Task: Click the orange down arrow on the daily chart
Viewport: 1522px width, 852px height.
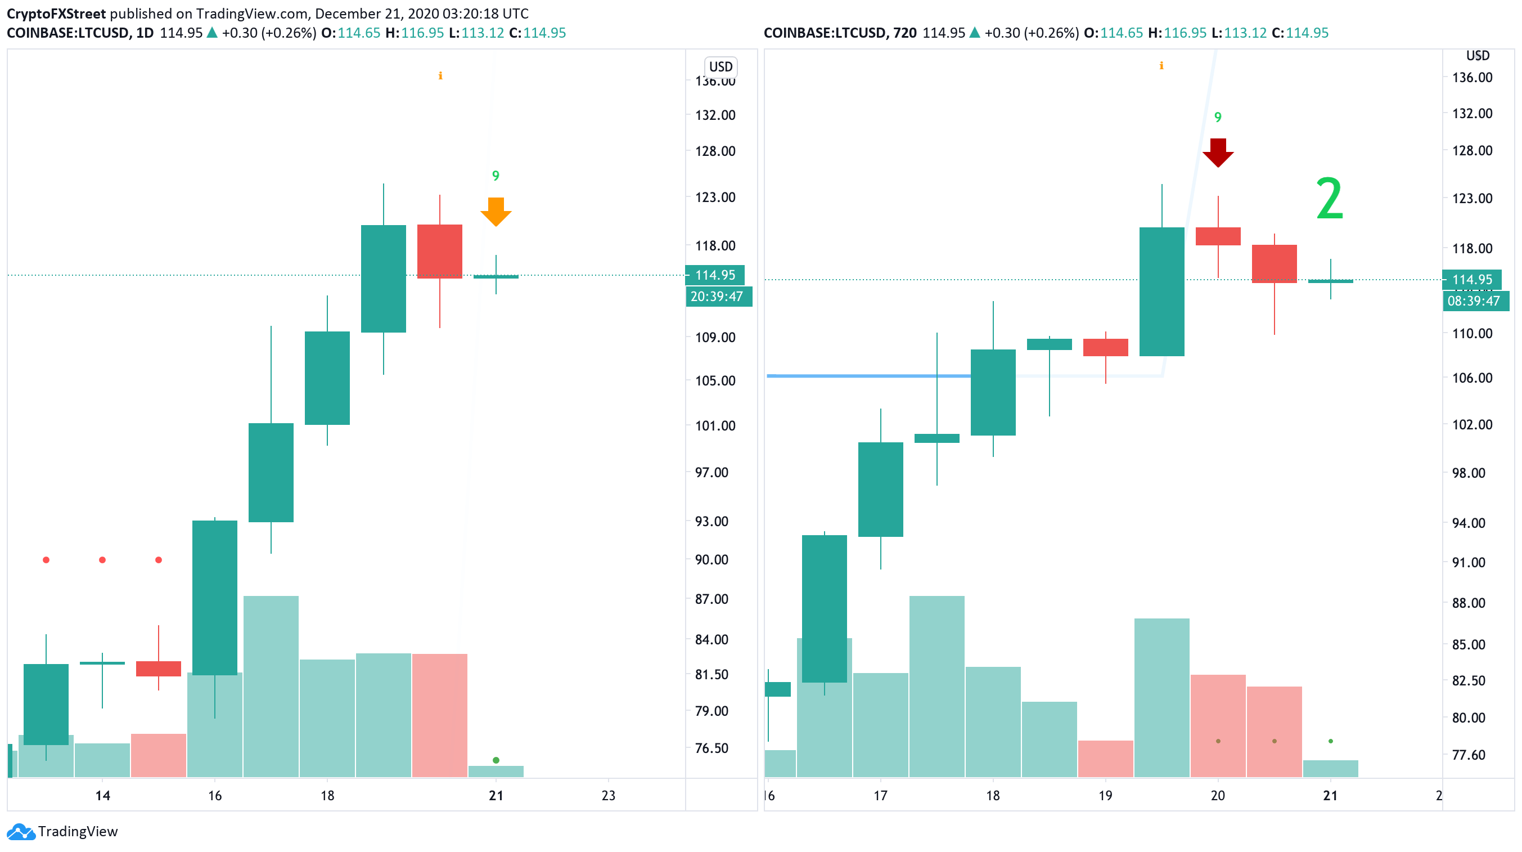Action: pyautogui.click(x=496, y=212)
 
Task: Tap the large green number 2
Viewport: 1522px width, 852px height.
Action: pyautogui.click(x=1330, y=199)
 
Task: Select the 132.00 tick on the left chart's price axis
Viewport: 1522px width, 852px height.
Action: pyautogui.click(x=715, y=115)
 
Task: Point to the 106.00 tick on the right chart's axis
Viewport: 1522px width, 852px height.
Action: pyautogui.click(x=1472, y=378)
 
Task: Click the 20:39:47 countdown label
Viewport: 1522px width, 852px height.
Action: pyautogui.click(x=718, y=296)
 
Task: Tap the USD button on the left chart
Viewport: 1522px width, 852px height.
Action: pyautogui.click(x=721, y=67)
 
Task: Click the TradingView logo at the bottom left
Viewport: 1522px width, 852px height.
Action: pyautogui.click(x=62, y=831)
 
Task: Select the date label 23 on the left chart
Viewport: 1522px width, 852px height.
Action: pyautogui.click(x=608, y=796)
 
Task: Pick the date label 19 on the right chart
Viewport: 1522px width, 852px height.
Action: pyautogui.click(x=1105, y=796)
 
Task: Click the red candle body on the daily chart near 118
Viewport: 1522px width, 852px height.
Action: pyautogui.click(x=440, y=252)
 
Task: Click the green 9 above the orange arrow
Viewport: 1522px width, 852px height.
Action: pyautogui.click(x=496, y=176)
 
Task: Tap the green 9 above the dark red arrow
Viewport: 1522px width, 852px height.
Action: pyautogui.click(x=1218, y=117)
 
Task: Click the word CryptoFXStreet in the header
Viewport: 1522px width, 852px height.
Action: pyautogui.click(x=56, y=14)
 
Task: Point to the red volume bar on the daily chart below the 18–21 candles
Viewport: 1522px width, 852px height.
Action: pyautogui.click(x=440, y=715)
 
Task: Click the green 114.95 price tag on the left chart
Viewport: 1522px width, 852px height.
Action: pyautogui.click(x=715, y=275)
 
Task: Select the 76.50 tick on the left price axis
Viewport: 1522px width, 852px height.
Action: pyautogui.click(x=712, y=748)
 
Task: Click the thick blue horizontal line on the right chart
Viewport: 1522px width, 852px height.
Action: pyautogui.click(x=868, y=375)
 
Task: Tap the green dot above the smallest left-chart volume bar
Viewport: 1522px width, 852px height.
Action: pyautogui.click(x=496, y=760)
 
